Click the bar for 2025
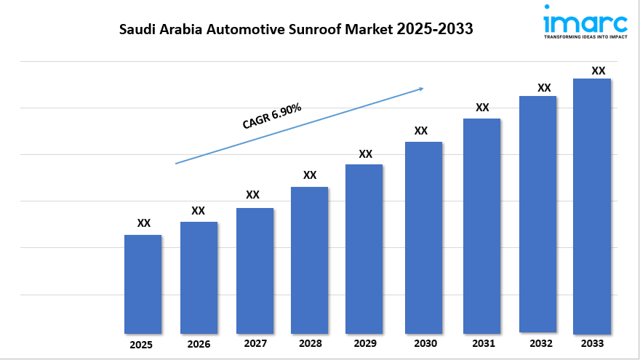coord(143,284)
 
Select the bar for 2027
coord(255,271)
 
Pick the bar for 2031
coord(481,225)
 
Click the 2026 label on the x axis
coord(198,343)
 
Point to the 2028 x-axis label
coord(310,343)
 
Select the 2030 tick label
coord(424,343)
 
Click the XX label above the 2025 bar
coord(144,223)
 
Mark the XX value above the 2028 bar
coord(310,175)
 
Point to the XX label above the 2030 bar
coord(420,131)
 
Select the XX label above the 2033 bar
coord(599,71)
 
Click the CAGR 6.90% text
coord(272,116)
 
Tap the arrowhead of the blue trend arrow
coord(420,89)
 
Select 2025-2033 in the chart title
coord(435,30)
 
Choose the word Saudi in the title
coord(136,30)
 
